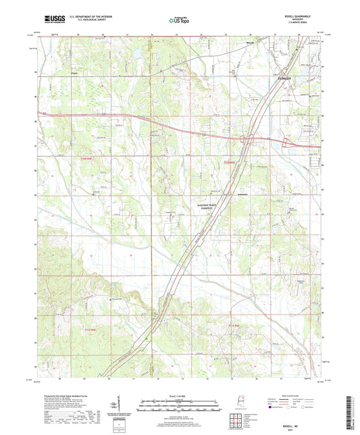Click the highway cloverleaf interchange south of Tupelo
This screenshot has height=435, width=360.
point(250,138)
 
